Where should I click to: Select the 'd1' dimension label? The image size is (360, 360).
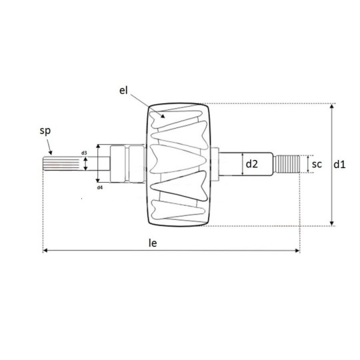tap(341, 163)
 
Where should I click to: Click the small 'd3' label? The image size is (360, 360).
tap(84, 153)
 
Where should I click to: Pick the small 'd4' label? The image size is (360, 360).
tap(99, 187)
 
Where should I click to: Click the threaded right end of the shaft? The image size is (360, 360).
tap(288, 164)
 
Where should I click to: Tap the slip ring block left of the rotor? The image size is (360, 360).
tap(126, 163)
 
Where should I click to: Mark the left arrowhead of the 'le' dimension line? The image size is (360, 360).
tap(46, 251)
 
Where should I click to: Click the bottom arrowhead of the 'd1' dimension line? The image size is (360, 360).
tap(332, 223)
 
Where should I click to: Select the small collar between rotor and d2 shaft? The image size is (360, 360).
tap(217, 163)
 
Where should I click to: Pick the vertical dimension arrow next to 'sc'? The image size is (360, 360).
tap(308, 163)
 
